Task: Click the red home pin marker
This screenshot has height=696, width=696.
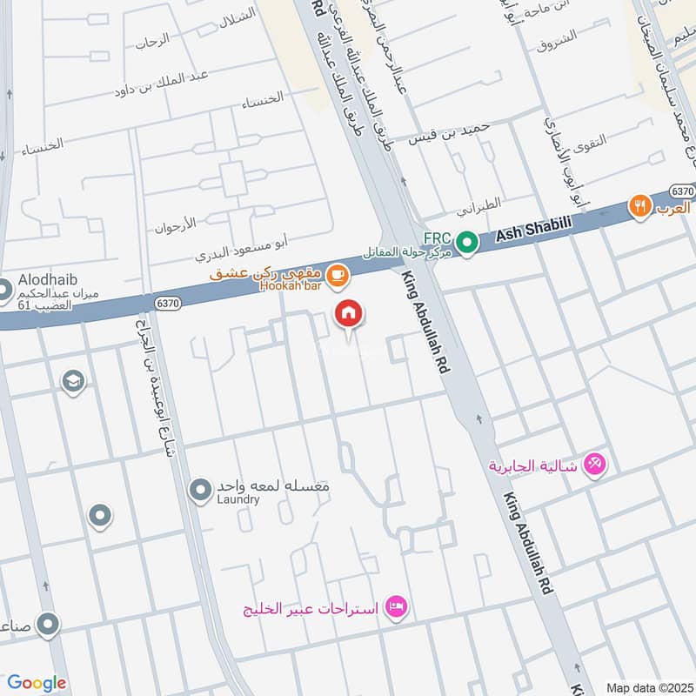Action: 349,313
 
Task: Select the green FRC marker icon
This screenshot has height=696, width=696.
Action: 468,243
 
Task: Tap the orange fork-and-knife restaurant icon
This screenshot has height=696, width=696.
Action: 640,207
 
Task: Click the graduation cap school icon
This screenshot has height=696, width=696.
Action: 73,381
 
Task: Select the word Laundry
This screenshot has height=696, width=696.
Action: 238,499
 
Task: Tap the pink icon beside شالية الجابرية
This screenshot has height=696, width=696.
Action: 595,465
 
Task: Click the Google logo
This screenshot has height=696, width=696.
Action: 37,683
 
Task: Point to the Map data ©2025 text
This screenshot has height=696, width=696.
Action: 647,687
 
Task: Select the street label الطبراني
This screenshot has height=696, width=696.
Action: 480,207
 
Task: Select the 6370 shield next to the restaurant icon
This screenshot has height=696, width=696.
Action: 682,190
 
